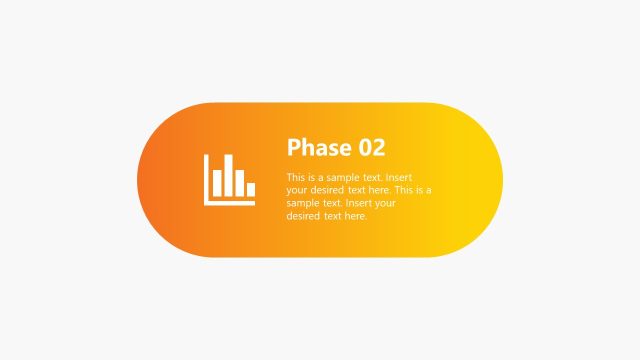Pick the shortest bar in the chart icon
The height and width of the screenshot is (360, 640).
pos(250,189)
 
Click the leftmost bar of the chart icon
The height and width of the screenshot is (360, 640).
pos(216,183)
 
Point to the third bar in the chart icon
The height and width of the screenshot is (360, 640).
pos(239,181)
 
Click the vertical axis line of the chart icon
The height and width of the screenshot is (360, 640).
pos(207,180)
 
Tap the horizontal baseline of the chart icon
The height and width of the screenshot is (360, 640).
pos(230,203)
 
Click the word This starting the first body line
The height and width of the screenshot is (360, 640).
pos(296,177)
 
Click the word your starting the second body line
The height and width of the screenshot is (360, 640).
pos(297,190)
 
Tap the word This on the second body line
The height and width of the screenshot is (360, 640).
pos(404,190)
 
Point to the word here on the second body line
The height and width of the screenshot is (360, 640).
pos(379,190)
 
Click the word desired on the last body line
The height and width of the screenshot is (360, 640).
pos(303,216)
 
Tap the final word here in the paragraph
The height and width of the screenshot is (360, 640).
pos(355,216)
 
